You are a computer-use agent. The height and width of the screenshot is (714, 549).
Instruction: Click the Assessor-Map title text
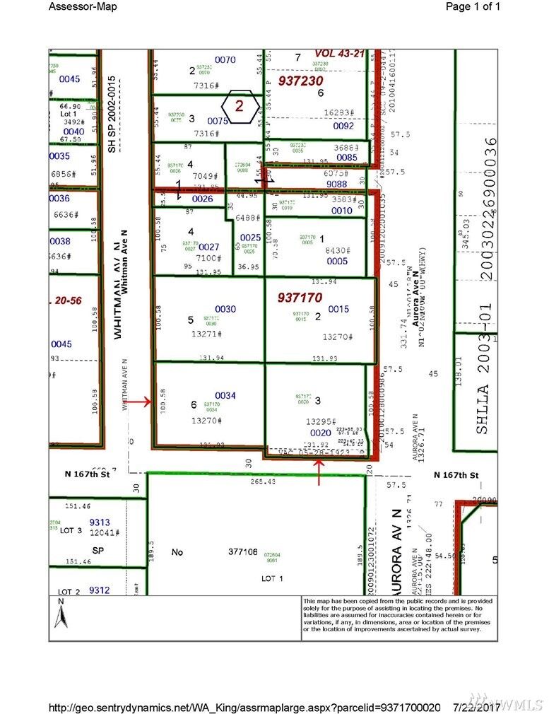[x=83, y=7]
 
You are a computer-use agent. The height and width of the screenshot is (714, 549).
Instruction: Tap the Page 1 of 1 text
[x=473, y=7]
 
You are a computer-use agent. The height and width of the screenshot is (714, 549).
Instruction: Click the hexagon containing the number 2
[x=240, y=107]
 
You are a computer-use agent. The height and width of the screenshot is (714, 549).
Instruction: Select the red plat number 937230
[x=302, y=81]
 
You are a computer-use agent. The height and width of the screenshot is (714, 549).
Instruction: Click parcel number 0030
[x=226, y=309]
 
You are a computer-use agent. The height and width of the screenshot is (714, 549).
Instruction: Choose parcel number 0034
[x=225, y=395]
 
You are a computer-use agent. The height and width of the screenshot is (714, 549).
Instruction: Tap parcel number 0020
[x=320, y=433]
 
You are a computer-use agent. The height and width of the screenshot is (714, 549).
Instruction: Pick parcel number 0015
[x=338, y=309]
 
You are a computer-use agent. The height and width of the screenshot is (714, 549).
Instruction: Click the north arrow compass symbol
[x=61, y=616]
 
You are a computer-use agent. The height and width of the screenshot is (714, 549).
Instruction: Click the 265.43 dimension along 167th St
[x=261, y=482]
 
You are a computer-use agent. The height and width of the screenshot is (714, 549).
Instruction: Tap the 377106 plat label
[x=242, y=551]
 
